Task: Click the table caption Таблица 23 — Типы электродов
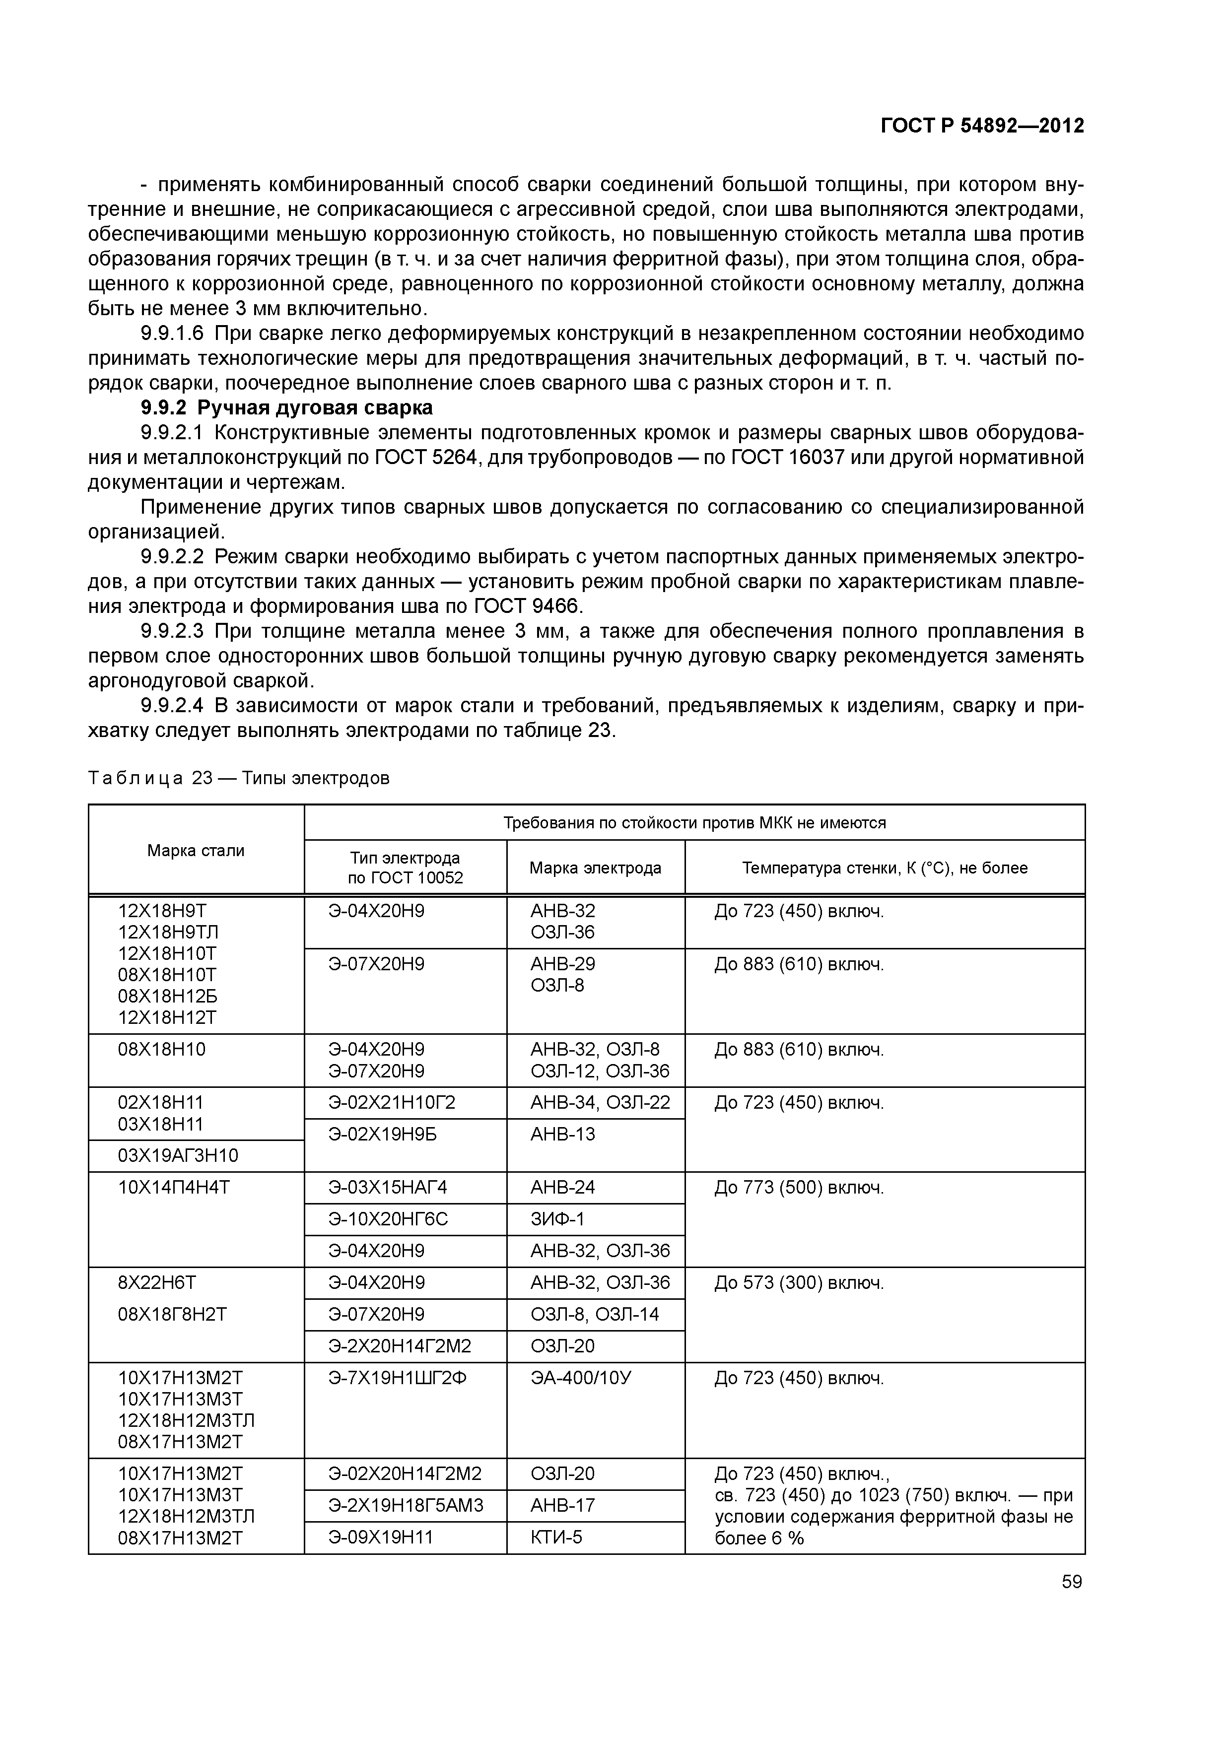[x=239, y=778]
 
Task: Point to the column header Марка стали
[x=196, y=850]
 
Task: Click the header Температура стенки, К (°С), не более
[x=885, y=868]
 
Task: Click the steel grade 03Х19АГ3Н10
[x=178, y=1155]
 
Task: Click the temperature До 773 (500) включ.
[x=799, y=1188]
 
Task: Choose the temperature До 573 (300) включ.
[x=799, y=1283]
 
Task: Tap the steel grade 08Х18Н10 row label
[x=161, y=1050]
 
